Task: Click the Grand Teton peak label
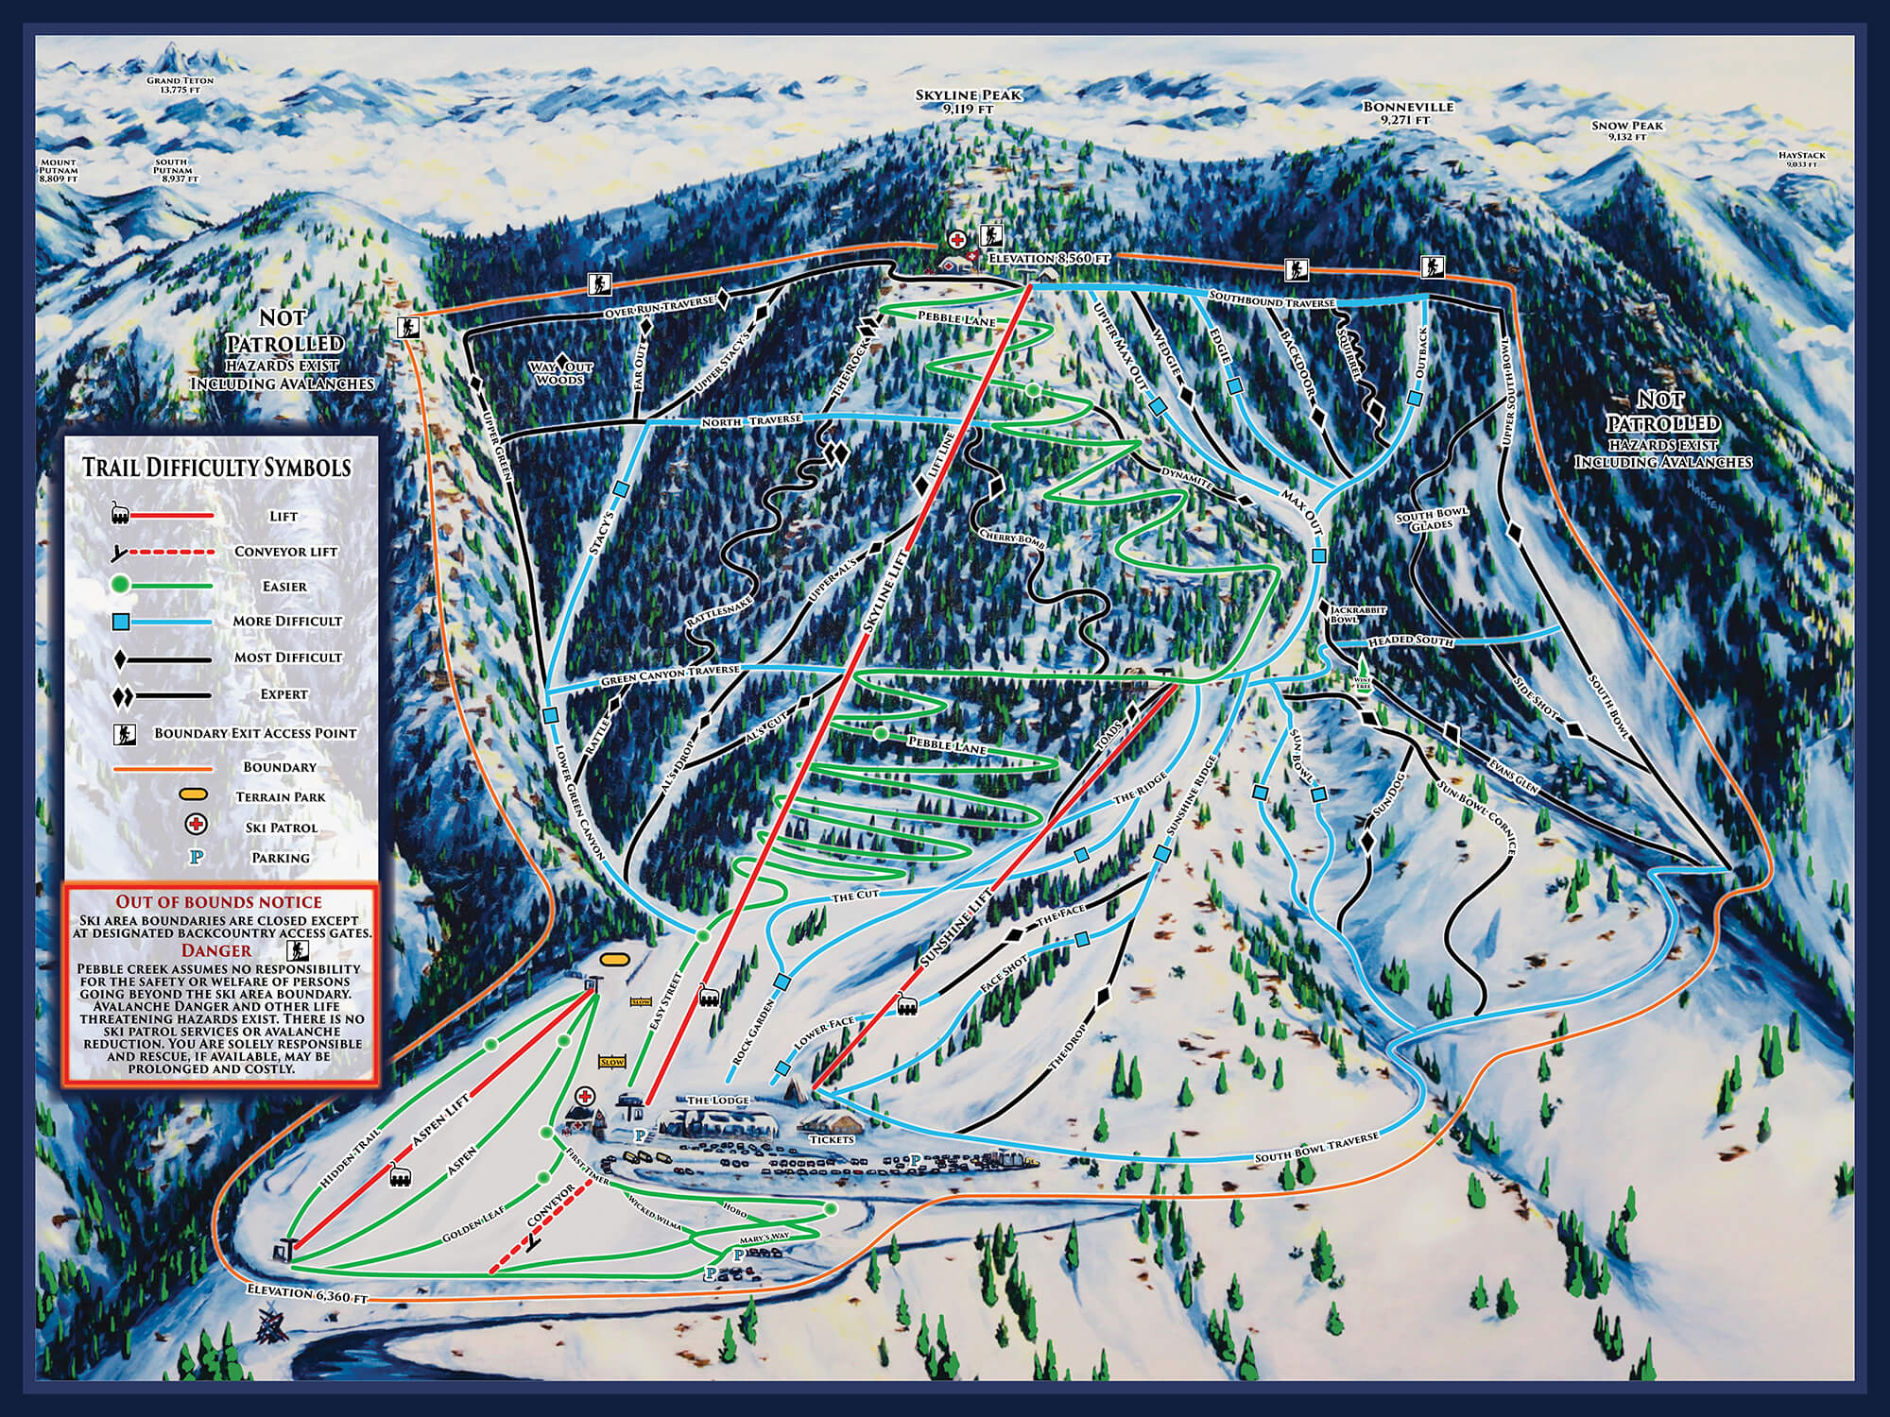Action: coord(180,86)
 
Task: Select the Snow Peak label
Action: coord(1626,131)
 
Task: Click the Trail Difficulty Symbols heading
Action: coord(216,467)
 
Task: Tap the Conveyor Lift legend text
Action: coord(285,551)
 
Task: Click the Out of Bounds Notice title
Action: coord(218,902)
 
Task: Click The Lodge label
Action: coord(718,1101)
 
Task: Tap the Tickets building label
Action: coord(832,1138)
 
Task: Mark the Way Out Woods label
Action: coord(561,372)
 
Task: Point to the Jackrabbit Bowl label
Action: coord(1358,615)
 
